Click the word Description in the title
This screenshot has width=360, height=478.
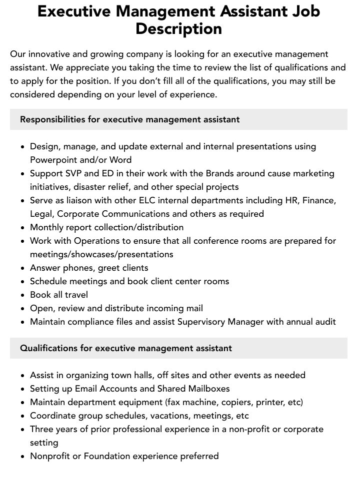pyautogui.click(x=178, y=29)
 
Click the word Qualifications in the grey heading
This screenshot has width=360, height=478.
pyautogui.click(x=49, y=348)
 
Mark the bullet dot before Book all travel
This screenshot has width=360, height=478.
pyautogui.click(x=23, y=295)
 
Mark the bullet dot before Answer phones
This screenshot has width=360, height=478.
pyautogui.click(x=23, y=268)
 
